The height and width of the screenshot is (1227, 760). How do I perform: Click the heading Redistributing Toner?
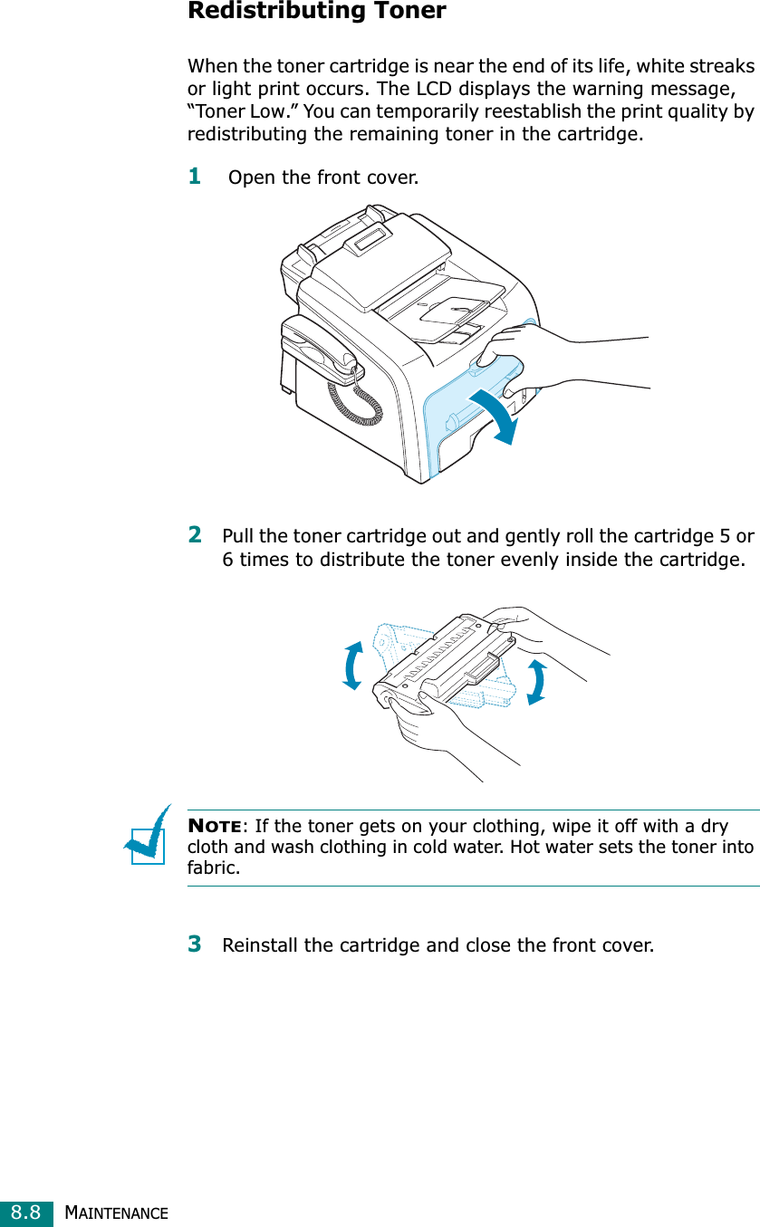316,12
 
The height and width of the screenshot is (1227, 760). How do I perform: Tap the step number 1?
194,174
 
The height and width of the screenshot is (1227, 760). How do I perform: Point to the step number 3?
195,944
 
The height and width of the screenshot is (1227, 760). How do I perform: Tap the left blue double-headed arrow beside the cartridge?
352,665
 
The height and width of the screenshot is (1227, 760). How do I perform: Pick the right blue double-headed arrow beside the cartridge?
536,682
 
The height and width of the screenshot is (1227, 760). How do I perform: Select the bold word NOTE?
214,827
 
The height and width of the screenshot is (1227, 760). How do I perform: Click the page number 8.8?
25,1212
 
